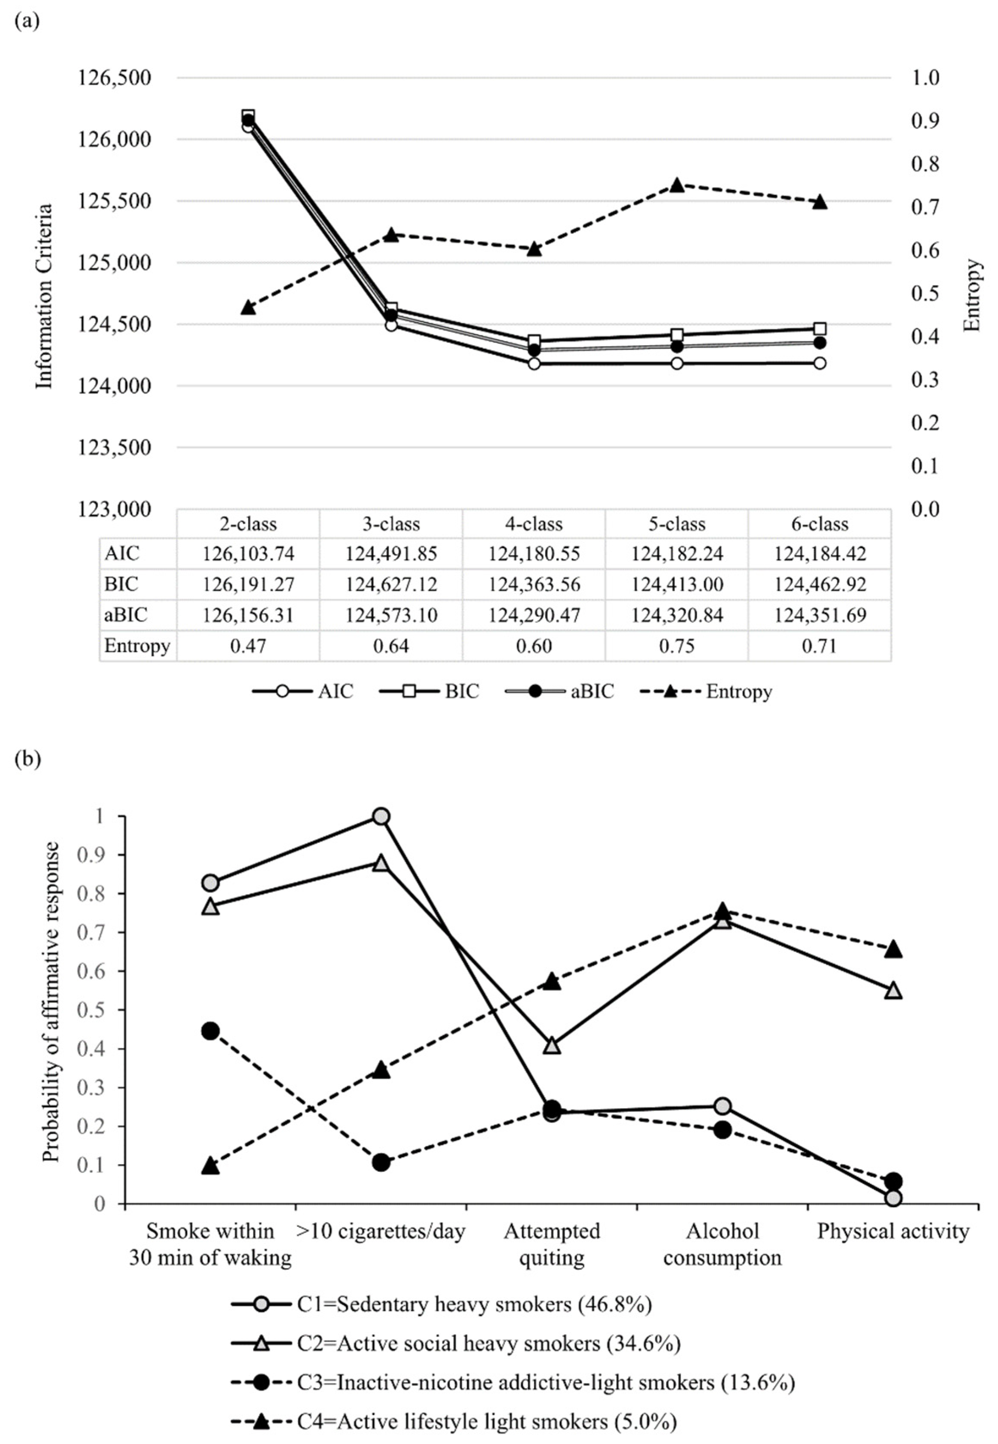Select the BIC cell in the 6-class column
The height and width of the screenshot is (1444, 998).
click(820, 584)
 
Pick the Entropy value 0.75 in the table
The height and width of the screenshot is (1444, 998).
click(677, 646)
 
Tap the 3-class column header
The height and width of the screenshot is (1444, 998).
click(391, 524)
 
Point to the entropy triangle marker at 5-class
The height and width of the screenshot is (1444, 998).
click(677, 185)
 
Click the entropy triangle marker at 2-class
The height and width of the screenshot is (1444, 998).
click(248, 307)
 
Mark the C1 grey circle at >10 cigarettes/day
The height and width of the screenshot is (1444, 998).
click(381, 816)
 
